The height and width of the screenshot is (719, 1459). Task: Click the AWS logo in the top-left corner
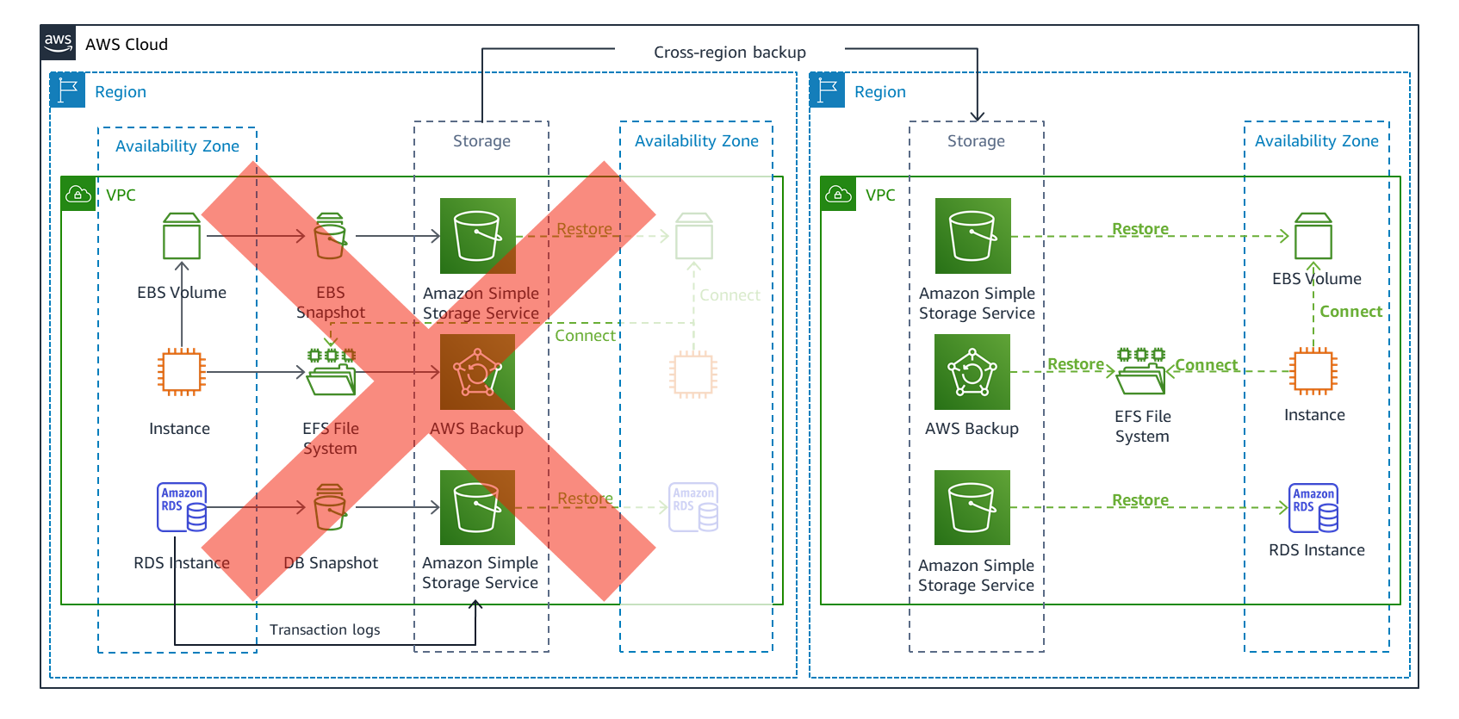click(59, 43)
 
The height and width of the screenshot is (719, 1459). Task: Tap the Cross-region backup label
click(729, 53)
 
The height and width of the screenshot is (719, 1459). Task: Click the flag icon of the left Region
click(68, 90)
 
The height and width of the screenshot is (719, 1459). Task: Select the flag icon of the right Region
click(828, 90)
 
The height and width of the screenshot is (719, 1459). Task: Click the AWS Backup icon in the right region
click(972, 372)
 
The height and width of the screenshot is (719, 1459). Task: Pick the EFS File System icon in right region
click(1141, 372)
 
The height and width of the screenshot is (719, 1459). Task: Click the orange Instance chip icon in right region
click(1313, 372)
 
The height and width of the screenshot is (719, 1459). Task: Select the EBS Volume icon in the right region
click(1313, 236)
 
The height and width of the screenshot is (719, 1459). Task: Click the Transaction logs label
click(325, 630)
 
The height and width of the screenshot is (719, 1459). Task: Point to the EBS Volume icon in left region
click(182, 236)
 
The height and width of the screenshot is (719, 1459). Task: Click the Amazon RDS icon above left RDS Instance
click(182, 507)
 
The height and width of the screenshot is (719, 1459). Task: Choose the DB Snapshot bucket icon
click(330, 507)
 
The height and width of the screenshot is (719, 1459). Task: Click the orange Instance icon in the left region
click(182, 372)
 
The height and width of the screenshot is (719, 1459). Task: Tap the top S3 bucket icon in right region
click(973, 236)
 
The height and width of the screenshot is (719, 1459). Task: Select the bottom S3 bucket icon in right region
click(972, 508)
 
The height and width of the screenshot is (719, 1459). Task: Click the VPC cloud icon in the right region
click(838, 195)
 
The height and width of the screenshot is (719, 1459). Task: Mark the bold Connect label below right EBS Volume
click(1350, 312)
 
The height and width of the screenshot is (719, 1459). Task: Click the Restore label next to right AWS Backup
click(1075, 365)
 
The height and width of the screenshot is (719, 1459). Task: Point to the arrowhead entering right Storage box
click(978, 116)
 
